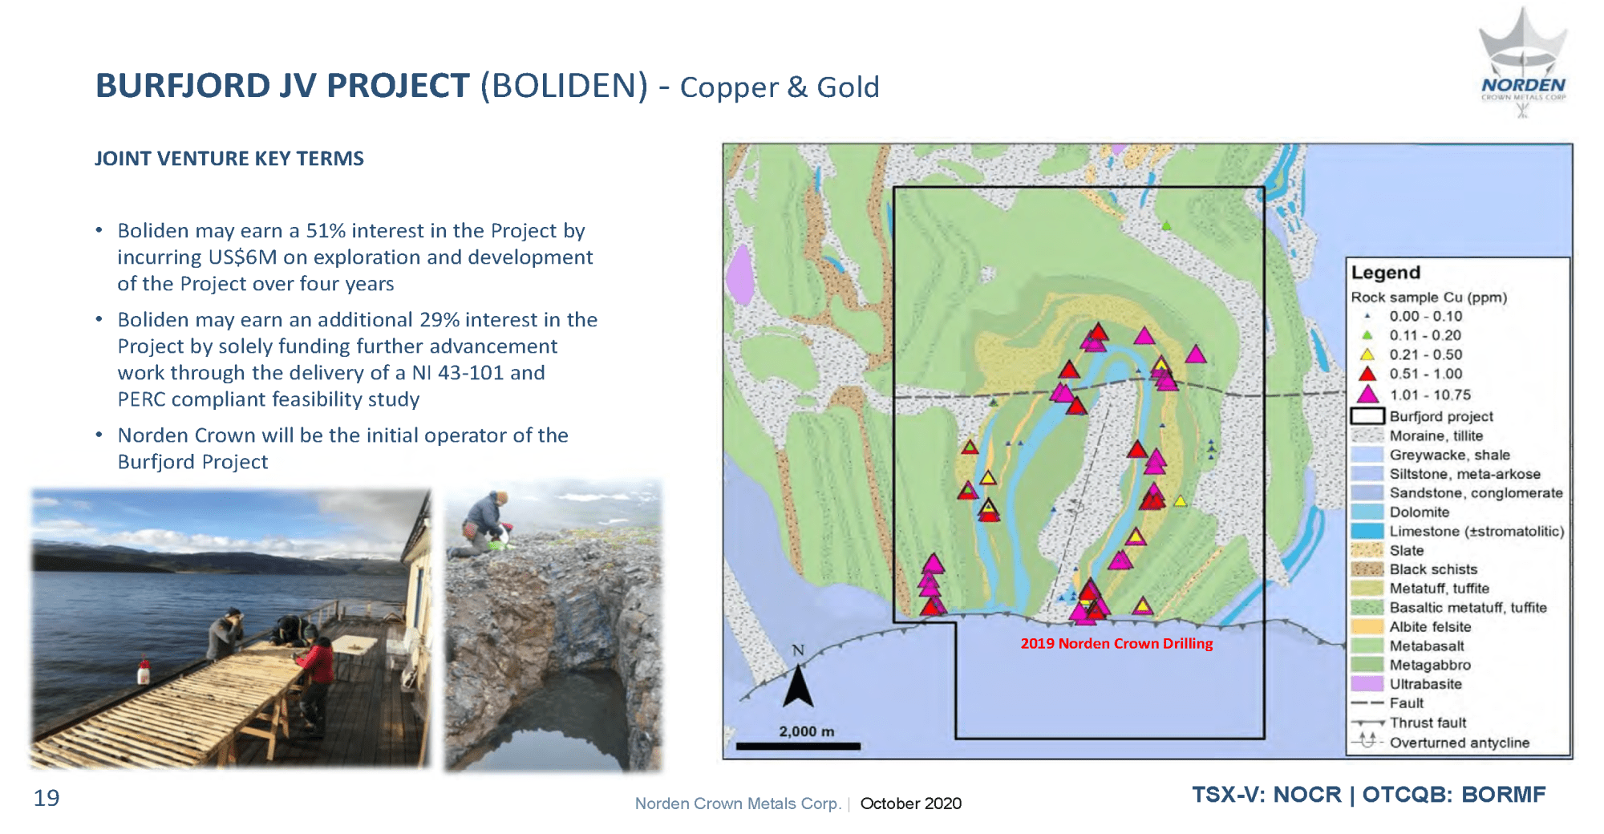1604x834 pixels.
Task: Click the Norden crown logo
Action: coord(1523,63)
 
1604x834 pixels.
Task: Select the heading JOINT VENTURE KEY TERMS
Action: coord(229,158)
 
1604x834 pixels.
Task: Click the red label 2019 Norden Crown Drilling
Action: coord(1116,643)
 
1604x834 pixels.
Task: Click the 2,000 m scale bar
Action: coord(798,746)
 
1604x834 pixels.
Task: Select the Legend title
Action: coord(1385,273)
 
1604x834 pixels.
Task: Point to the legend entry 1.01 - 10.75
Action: coord(1412,395)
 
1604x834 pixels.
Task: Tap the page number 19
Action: coord(47,798)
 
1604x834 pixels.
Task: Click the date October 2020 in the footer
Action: coord(910,804)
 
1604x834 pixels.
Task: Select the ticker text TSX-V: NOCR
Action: coord(1266,795)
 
